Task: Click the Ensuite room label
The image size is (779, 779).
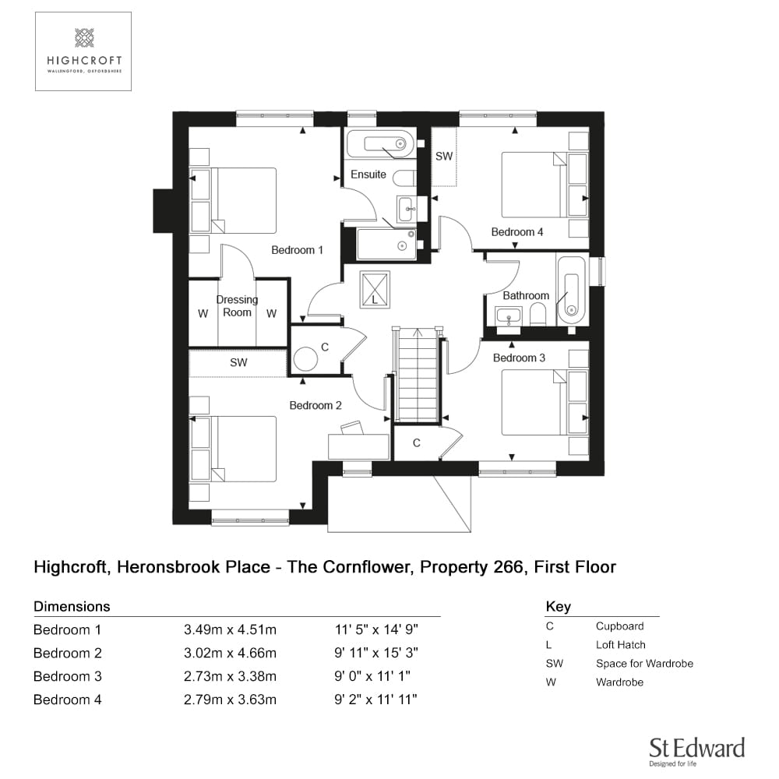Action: click(x=368, y=174)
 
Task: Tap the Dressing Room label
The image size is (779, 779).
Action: click(x=237, y=306)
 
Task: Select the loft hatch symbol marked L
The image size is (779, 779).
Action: click(x=375, y=289)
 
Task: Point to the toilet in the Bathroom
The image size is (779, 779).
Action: click(x=538, y=314)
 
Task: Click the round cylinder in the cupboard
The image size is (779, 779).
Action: click(x=305, y=358)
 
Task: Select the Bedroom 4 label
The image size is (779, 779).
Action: click(x=516, y=232)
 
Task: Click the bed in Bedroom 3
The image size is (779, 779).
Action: click(x=534, y=403)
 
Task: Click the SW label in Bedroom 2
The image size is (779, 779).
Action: click(x=238, y=363)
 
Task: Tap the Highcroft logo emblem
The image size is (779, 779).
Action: click(x=84, y=37)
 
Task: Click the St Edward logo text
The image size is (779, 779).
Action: click(x=697, y=748)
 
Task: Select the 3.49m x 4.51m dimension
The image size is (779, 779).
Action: click(x=230, y=630)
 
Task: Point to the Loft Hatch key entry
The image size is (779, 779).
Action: click(x=621, y=645)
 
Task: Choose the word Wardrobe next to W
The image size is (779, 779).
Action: click(x=619, y=682)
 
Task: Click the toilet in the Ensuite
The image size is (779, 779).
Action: click(x=404, y=178)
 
